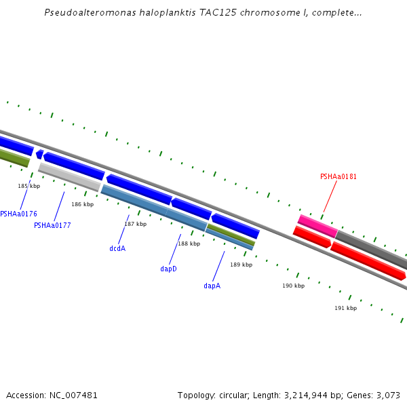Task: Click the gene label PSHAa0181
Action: [338, 177]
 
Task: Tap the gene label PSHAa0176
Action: [18, 214]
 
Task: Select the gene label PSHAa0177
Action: [52, 225]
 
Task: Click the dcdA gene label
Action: [117, 248]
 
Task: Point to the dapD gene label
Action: [168, 269]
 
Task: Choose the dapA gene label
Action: [212, 286]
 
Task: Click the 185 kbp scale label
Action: [28, 186]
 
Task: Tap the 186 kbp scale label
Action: [82, 204]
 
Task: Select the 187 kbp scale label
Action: [135, 224]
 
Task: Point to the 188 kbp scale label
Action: [189, 244]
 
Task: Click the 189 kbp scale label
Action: [241, 265]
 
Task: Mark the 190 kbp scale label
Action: [293, 286]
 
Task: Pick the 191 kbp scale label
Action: [345, 308]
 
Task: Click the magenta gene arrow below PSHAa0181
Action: [317, 225]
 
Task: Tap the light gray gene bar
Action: [69, 176]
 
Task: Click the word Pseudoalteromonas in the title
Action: [85, 13]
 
